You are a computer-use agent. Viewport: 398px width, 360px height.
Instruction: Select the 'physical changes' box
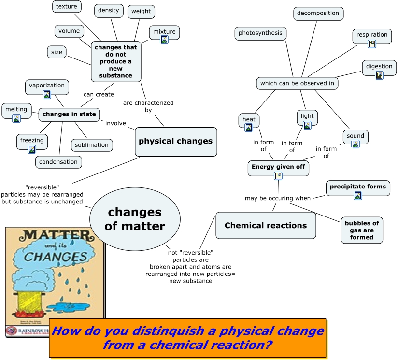(x=175, y=142)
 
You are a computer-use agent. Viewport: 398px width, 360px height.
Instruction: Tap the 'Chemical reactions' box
(x=266, y=225)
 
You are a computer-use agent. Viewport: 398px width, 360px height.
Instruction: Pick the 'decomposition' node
(x=318, y=13)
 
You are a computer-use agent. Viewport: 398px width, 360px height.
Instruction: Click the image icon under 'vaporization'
(x=47, y=95)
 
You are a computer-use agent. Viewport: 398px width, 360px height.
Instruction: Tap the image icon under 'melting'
(x=16, y=118)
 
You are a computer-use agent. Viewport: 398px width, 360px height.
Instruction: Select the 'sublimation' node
(x=92, y=145)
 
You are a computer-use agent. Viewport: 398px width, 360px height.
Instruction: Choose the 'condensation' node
(x=58, y=162)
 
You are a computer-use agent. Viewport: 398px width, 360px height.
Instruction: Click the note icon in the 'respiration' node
(x=372, y=44)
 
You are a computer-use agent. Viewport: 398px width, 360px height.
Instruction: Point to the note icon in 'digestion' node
(x=379, y=75)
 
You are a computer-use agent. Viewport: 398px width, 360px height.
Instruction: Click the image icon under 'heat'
(x=249, y=128)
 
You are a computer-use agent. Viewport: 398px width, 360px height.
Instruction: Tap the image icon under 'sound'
(x=355, y=144)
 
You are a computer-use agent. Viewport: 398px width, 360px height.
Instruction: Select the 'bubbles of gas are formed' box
(x=362, y=230)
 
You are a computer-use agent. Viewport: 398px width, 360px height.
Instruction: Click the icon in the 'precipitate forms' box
(x=358, y=196)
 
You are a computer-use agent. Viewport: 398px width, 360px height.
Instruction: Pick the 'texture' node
(x=66, y=6)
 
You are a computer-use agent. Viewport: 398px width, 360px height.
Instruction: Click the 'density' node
(x=108, y=10)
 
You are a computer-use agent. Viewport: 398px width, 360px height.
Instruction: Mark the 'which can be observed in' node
(x=297, y=83)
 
